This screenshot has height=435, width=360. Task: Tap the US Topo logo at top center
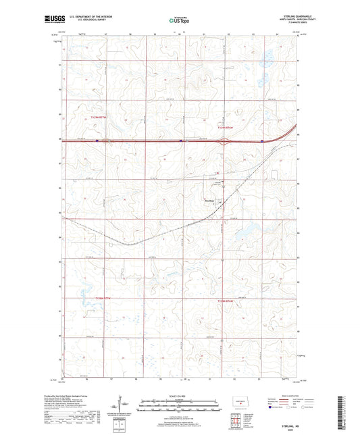(179, 20)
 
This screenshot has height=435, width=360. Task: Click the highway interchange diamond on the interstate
(228, 140)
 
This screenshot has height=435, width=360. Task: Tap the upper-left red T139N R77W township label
(99, 117)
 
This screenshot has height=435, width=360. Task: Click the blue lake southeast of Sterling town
(240, 236)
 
